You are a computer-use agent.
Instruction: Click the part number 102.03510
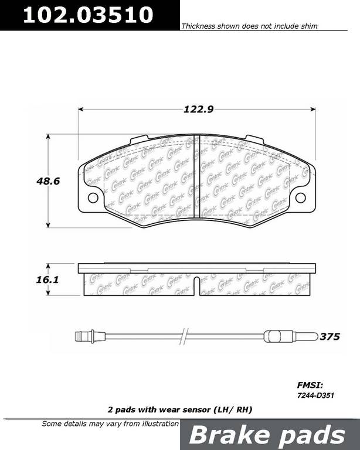click(88, 15)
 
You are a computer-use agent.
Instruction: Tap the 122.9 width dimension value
click(198, 110)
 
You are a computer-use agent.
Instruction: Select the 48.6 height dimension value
click(48, 182)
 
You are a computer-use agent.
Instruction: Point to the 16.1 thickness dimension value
click(47, 279)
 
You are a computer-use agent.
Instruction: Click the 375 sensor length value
click(330, 336)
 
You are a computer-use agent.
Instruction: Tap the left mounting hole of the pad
click(93, 197)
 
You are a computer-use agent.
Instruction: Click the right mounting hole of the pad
click(301, 197)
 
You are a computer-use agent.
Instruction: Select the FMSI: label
click(310, 385)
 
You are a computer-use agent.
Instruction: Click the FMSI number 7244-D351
click(315, 396)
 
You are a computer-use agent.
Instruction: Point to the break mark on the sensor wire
click(184, 336)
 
